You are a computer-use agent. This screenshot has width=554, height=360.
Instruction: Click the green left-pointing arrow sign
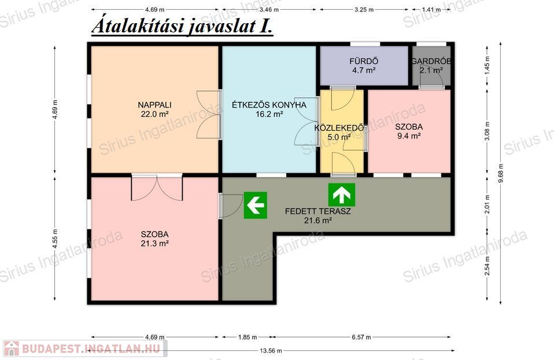click(x=255, y=205)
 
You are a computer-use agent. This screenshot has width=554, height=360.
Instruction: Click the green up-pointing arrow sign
click(x=341, y=194)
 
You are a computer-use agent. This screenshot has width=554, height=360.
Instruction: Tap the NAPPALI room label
click(x=154, y=105)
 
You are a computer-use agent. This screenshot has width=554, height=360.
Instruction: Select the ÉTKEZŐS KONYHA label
click(x=269, y=105)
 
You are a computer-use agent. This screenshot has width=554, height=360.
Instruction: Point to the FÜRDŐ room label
click(x=364, y=61)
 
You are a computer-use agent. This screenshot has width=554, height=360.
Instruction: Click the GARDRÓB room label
click(x=431, y=61)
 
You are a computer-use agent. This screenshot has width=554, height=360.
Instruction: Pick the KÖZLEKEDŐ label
click(x=339, y=128)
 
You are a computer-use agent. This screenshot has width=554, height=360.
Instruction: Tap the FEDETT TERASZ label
click(x=317, y=211)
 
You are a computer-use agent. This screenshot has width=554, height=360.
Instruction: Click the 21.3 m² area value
click(x=154, y=243)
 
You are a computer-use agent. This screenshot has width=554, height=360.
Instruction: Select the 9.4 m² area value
click(x=409, y=136)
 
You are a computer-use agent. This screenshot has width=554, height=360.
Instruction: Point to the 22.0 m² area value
click(x=154, y=114)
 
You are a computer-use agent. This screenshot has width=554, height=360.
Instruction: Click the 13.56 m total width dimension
click(x=271, y=351)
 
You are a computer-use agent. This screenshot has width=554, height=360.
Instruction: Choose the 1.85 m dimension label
click(x=248, y=337)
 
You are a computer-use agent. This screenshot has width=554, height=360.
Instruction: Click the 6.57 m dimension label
click(x=361, y=337)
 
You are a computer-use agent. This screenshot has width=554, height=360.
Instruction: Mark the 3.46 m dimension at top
click(x=269, y=9)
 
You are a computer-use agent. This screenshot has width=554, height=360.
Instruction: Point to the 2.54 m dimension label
click(x=487, y=266)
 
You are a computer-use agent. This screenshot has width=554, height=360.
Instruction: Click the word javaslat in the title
click(x=221, y=27)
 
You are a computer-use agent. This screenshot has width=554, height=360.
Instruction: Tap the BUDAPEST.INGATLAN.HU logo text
click(x=91, y=348)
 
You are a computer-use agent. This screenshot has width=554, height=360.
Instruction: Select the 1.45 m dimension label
click(x=487, y=64)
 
